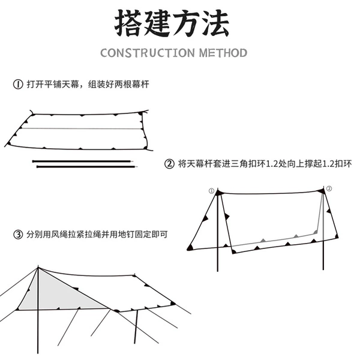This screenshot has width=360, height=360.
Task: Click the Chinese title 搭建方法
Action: pos(172,23)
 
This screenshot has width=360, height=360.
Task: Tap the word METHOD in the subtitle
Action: pos(223,53)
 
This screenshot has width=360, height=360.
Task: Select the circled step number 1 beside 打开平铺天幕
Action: pos(18,84)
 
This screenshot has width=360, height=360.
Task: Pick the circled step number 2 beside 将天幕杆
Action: pos(169,164)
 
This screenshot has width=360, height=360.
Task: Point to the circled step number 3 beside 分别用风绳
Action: pos(18,235)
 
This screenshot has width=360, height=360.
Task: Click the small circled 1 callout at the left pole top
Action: pos(211,191)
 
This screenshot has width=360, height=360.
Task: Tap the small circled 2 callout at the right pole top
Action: pos(329,188)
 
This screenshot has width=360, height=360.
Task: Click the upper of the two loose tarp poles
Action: pos(82,161)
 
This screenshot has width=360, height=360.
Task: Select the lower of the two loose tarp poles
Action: pos(87,166)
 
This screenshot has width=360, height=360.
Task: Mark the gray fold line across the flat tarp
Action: pos(81,128)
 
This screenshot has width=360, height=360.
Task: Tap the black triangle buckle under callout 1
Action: pos(219,193)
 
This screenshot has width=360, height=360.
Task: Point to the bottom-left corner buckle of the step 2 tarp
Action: pos(190,247)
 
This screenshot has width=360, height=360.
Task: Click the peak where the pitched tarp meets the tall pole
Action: pos(38,268)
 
